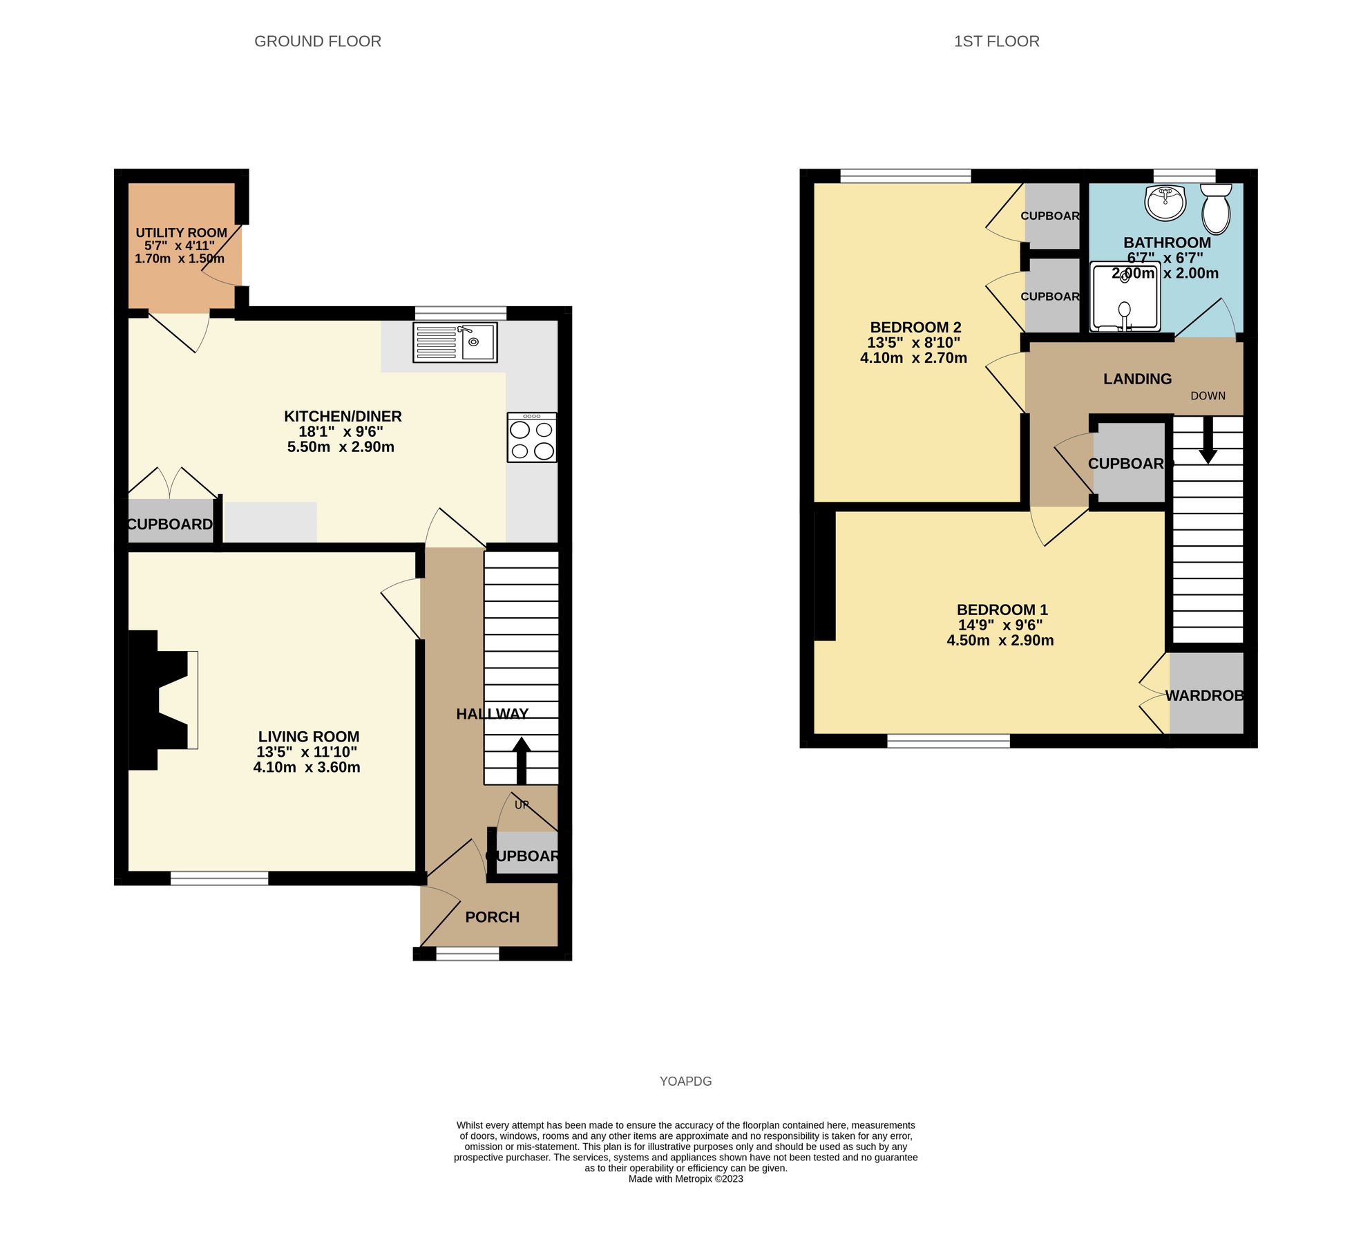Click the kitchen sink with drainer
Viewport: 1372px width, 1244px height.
click(455, 342)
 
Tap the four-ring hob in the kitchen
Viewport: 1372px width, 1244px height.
click(531, 438)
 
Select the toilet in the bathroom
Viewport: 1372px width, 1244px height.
click(1216, 209)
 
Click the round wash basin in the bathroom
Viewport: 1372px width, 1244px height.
click(1165, 202)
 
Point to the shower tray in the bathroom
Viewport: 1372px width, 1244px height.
click(1125, 297)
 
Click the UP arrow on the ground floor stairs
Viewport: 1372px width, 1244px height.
click(522, 760)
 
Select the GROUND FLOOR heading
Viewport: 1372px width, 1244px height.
click(318, 41)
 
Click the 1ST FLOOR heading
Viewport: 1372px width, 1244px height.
click(996, 41)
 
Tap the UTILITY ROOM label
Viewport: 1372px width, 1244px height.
click(181, 233)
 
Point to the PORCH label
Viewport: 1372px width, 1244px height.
click(492, 917)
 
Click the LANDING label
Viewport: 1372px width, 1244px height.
click(1137, 379)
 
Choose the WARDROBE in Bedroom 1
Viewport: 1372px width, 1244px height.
click(1206, 695)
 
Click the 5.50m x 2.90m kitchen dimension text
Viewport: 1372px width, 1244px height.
click(341, 447)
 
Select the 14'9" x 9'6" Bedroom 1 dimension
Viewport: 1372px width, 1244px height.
click(1000, 625)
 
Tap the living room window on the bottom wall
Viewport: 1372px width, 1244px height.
click(219, 878)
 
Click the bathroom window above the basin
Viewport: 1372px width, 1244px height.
click(1184, 176)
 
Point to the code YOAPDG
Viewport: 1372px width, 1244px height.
click(685, 1082)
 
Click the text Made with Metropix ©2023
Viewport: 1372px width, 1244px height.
click(685, 1179)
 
